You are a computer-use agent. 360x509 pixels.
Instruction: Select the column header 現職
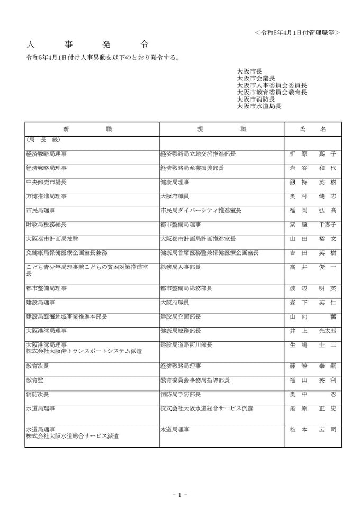pyautogui.click(x=221, y=129)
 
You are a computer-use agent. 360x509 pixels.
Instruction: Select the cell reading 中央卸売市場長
pyautogui.click(x=46, y=181)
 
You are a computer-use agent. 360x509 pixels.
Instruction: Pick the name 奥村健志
pyautogui.click(x=312, y=196)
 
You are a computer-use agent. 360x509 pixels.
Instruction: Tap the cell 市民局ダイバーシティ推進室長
pyautogui.click(x=201, y=210)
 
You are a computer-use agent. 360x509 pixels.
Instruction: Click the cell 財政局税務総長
pyautogui.click(x=46, y=224)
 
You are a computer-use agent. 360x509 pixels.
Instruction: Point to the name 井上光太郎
pyautogui.click(x=312, y=331)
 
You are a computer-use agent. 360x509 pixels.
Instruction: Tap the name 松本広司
pyautogui.click(x=312, y=430)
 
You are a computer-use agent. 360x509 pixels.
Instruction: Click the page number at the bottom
pyautogui.click(x=180, y=495)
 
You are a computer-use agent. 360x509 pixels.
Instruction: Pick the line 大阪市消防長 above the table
pyautogui.click(x=256, y=99)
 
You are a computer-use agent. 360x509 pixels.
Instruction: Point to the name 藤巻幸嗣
pyautogui.click(x=312, y=366)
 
